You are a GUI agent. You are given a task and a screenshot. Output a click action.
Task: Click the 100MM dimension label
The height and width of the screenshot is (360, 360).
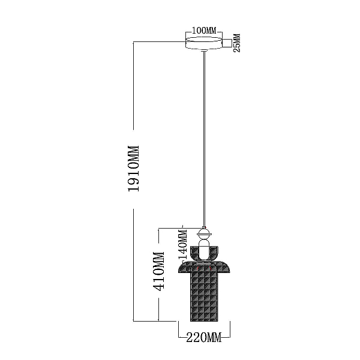[x=204, y=31]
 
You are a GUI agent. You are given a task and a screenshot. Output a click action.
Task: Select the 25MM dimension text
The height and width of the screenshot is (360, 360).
[x=237, y=43]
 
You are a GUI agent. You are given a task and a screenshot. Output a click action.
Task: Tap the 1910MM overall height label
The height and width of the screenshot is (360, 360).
[x=134, y=169]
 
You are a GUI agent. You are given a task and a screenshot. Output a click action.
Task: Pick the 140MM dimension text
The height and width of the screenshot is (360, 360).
[x=184, y=245]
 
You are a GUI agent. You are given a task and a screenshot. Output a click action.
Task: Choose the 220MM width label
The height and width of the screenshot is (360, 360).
[x=204, y=337]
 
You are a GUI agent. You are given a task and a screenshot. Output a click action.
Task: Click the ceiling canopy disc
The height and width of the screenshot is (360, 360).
[x=204, y=43]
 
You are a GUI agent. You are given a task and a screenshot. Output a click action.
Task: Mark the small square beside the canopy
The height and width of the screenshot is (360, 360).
[x=227, y=43]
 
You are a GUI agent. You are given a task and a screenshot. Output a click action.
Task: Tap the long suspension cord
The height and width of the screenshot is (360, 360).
[x=204, y=139]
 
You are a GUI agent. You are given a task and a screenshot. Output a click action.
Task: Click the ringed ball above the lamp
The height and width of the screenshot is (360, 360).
[x=204, y=234]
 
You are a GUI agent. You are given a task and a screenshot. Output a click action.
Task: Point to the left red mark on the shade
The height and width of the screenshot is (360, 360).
[x=198, y=268]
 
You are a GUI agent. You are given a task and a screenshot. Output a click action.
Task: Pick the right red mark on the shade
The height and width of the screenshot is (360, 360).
[x=210, y=268]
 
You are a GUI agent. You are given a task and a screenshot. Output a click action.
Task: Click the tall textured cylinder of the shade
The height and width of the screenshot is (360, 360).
[x=204, y=296]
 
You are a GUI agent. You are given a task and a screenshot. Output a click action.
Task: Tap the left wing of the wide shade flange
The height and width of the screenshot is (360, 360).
[x=185, y=268]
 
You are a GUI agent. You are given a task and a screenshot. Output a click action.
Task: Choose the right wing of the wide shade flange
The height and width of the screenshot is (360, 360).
[x=224, y=268]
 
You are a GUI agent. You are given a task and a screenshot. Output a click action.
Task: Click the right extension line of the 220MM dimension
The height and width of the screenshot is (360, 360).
[x=230, y=329]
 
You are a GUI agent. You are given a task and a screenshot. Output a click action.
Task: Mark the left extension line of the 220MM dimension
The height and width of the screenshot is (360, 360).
[x=179, y=329]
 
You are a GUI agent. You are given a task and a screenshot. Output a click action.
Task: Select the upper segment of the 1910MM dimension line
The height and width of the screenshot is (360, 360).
[x=134, y=86]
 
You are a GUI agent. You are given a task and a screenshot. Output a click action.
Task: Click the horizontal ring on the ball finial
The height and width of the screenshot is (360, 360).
[x=204, y=234]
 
